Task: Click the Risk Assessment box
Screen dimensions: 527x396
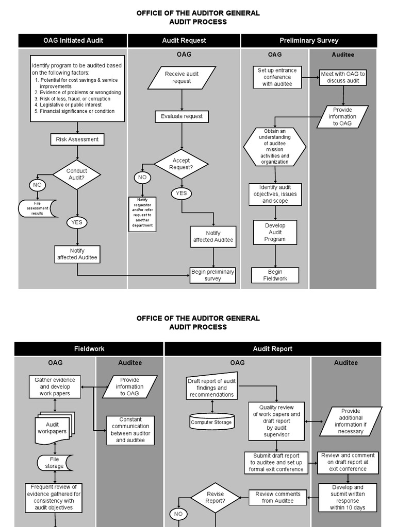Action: click(77, 139)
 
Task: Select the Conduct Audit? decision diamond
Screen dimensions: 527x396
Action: click(77, 174)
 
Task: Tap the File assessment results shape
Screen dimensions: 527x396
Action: click(38, 208)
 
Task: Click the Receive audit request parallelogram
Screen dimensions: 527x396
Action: click(181, 78)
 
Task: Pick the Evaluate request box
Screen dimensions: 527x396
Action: click(181, 116)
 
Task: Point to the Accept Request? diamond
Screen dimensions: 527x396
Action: click(181, 164)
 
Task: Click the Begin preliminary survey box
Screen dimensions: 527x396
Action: click(212, 275)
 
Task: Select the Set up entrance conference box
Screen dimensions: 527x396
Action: click(277, 77)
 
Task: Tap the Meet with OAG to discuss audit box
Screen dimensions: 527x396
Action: click(343, 77)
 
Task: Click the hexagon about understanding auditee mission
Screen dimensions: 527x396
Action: click(275, 147)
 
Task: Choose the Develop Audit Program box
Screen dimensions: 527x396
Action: click(275, 232)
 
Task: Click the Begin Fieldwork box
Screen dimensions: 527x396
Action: click(275, 275)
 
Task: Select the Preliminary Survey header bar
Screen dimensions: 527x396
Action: click(309, 41)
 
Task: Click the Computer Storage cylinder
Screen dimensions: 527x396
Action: click(211, 422)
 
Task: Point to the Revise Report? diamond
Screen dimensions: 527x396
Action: click(215, 498)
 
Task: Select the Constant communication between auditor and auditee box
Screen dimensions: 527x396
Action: click(130, 430)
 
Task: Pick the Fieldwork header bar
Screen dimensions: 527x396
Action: click(89, 349)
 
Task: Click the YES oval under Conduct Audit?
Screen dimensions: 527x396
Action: click(77, 223)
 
